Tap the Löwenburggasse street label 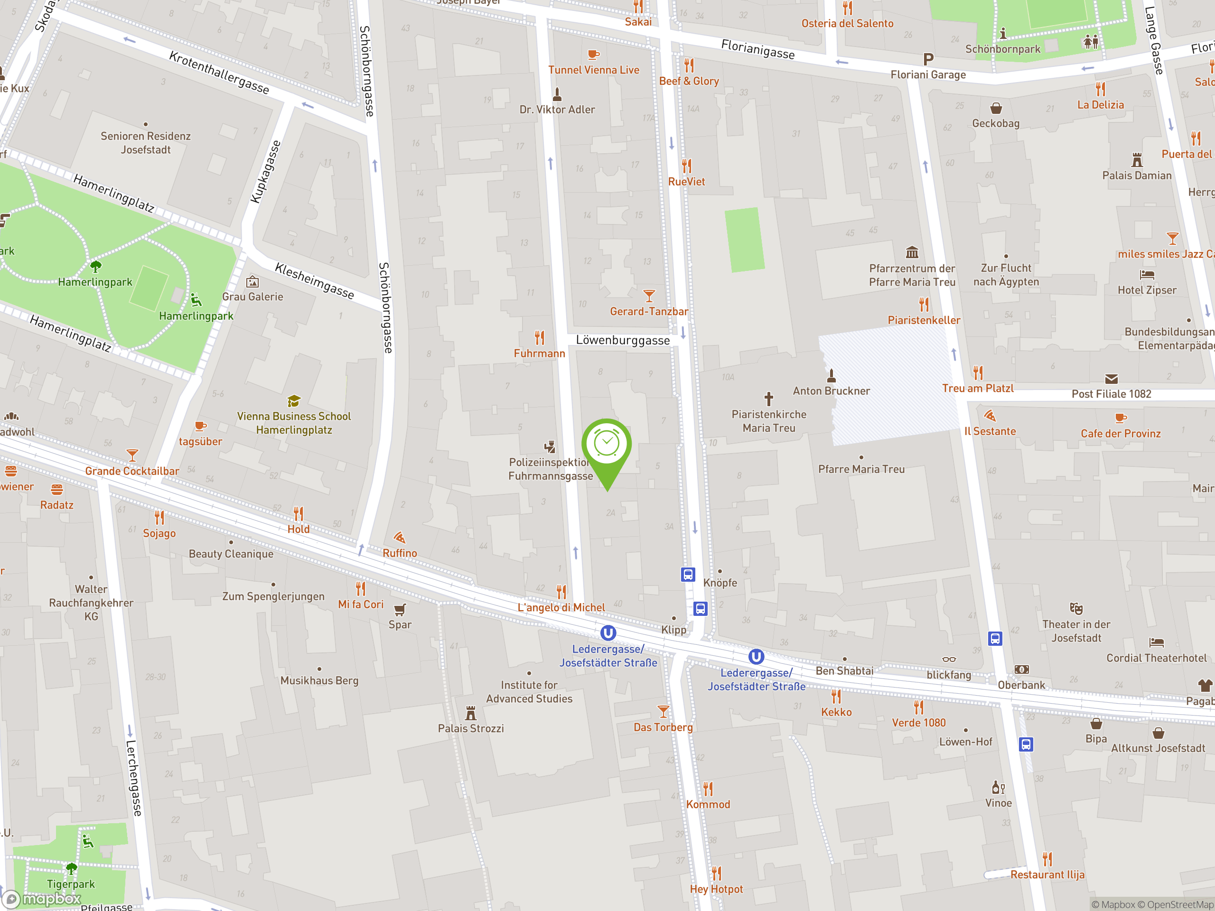622,341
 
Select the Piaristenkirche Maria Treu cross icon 768,398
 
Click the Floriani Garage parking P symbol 928,59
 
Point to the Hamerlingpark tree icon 95,267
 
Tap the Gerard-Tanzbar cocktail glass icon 649,296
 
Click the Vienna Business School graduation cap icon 294,401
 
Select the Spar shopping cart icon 400,610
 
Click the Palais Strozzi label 471,728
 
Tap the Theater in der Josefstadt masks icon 1076,608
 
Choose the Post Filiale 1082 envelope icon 1111,379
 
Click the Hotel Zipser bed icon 1147,275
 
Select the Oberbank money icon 1022,669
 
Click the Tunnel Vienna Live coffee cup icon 593,55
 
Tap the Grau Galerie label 252,297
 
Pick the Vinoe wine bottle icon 998,788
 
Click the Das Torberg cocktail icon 663,712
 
